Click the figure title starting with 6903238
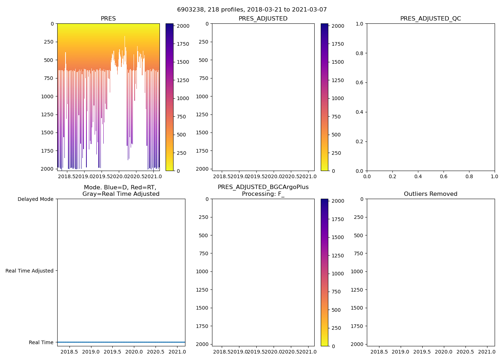[x=252, y=10]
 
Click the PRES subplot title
[x=108, y=19]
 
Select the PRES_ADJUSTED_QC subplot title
[x=431, y=19]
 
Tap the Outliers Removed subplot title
[x=431, y=194]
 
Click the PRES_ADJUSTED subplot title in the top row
[x=263, y=19]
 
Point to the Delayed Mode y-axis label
[x=35, y=199]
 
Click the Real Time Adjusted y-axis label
[x=30, y=271]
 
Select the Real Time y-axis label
[x=41, y=342]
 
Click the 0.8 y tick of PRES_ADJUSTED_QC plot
[x=359, y=53]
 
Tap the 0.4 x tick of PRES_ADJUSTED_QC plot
[x=418, y=176]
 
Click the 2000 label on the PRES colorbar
[x=183, y=26]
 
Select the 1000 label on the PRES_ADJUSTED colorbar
[x=338, y=98]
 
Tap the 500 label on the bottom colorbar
[x=336, y=310]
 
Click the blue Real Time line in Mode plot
[x=121, y=342]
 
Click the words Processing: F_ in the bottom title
[x=263, y=194]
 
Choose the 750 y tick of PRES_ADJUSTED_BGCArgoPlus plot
[x=204, y=253]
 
